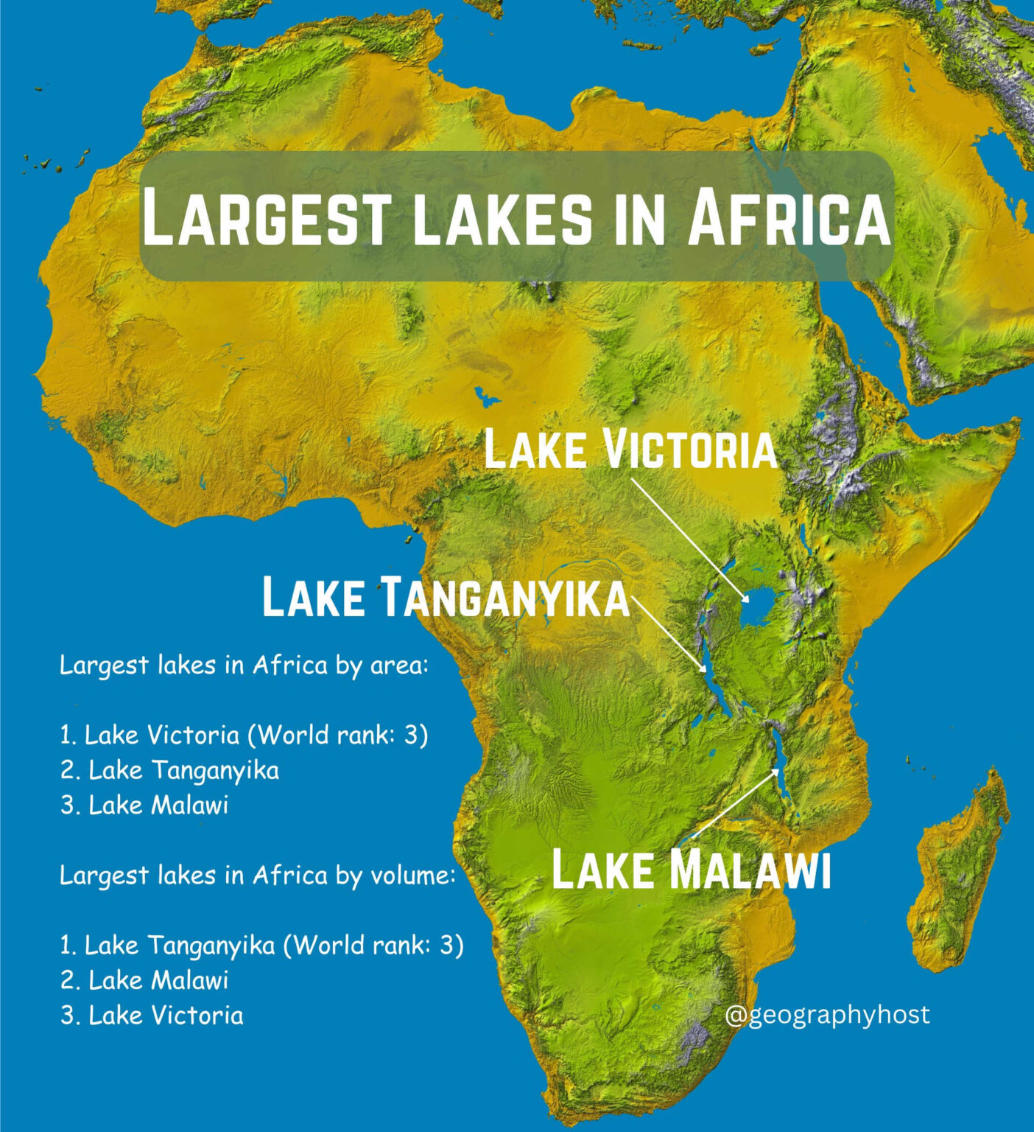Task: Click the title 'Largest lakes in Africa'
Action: click(x=516, y=216)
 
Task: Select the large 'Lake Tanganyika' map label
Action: click(x=446, y=597)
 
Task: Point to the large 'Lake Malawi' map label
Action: click(x=691, y=870)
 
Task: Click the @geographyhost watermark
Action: click(x=827, y=1015)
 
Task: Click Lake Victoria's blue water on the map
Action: click(x=759, y=609)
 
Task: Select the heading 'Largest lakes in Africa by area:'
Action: click(x=243, y=665)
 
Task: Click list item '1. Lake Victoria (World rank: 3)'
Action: click(x=244, y=736)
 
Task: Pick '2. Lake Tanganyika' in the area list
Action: click(x=169, y=770)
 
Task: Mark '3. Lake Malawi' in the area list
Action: click(x=144, y=806)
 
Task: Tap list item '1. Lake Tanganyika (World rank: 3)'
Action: click(x=261, y=946)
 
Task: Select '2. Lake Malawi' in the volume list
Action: click(x=144, y=981)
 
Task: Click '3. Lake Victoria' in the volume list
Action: click(x=152, y=1016)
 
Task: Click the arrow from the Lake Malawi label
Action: click(x=734, y=803)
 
